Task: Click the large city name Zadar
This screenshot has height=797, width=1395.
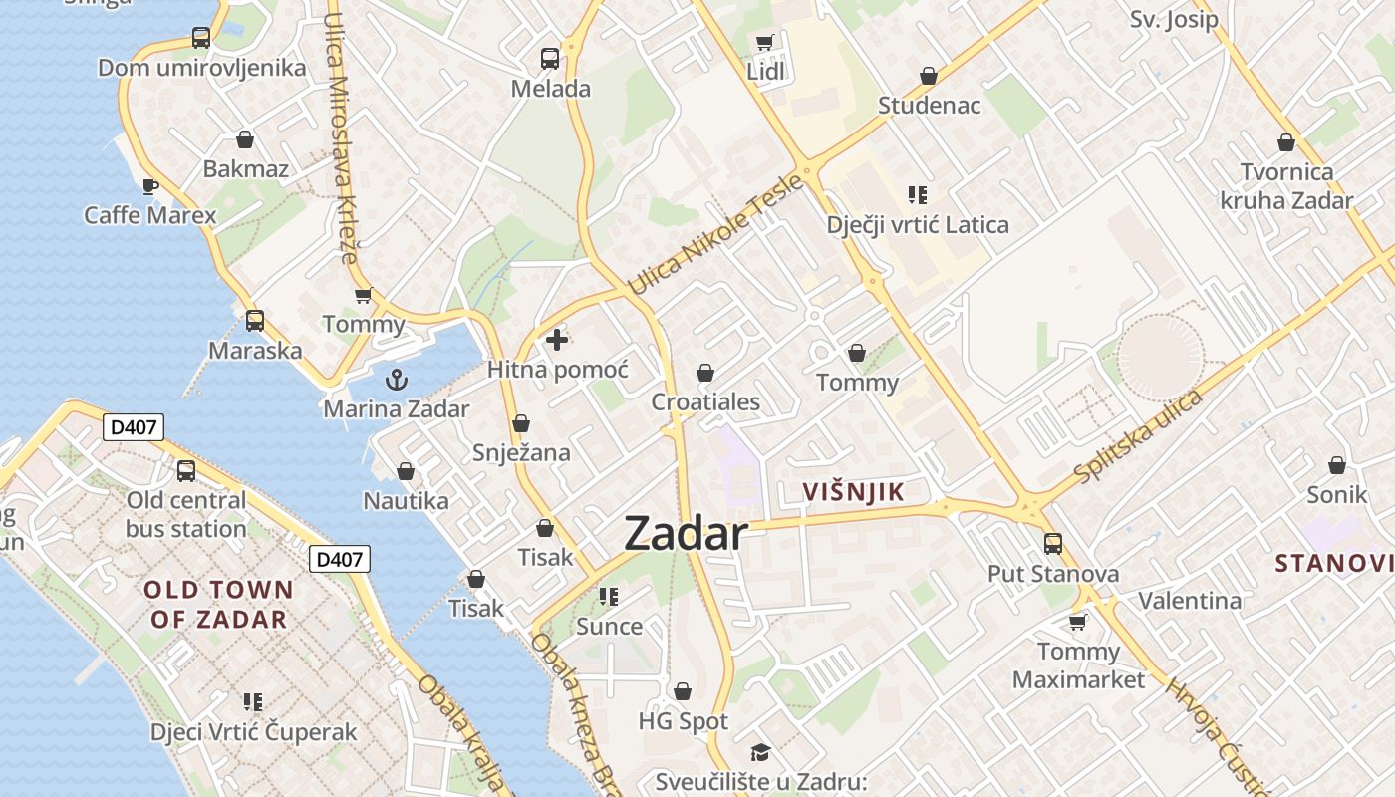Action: tap(685, 535)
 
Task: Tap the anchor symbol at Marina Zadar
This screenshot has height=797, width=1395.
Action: tap(397, 380)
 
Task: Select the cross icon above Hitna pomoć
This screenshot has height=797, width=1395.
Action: tap(557, 341)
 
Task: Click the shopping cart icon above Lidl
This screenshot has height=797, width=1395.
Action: tap(764, 42)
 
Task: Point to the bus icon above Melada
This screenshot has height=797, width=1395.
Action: tap(550, 59)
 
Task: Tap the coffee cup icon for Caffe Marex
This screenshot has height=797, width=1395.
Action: tap(149, 186)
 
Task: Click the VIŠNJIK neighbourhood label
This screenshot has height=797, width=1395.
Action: tap(853, 491)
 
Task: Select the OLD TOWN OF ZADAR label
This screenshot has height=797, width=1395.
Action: tap(219, 604)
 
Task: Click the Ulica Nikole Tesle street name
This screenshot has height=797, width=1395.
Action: tap(715, 235)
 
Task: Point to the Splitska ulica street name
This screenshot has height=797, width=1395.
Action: tap(1139, 437)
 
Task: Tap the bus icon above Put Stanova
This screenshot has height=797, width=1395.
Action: tap(1053, 544)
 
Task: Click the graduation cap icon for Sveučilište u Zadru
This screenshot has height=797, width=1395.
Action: tap(760, 752)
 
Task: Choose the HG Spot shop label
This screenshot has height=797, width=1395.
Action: tap(684, 721)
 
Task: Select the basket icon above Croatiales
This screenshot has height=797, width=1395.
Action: tap(705, 373)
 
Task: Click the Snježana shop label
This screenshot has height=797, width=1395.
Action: tap(521, 453)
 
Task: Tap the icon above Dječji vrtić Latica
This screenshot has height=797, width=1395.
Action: tap(918, 195)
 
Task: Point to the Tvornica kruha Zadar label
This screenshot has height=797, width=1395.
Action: tap(1286, 186)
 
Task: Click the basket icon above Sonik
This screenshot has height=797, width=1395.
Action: tap(1337, 465)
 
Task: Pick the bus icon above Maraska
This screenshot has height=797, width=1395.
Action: tap(255, 321)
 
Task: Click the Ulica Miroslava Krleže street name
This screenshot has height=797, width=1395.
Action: tap(340, 138)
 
